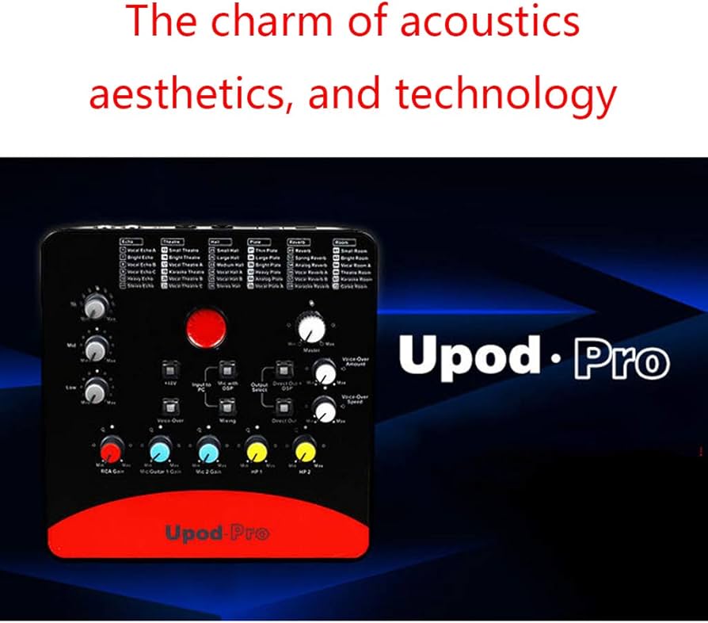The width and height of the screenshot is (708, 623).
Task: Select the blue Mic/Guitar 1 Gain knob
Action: pos(158,450)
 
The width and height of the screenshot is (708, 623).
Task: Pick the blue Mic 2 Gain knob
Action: pos(207,450)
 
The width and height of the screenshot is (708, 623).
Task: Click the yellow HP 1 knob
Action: pos(255,450)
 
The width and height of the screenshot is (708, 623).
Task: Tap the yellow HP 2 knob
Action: pos(304,450)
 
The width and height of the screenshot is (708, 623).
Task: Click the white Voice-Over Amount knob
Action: pos(323,372)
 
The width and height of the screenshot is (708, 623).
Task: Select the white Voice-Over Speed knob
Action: pos(323,411)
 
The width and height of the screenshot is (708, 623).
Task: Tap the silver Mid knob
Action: pos(96,346)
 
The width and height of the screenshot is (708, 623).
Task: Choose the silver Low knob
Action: pos(96,388)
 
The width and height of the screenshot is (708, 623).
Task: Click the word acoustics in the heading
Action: pos(489,23)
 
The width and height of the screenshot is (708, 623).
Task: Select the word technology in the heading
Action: pos(506,94)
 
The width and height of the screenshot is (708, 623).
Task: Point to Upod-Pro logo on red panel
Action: pos(216,533)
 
